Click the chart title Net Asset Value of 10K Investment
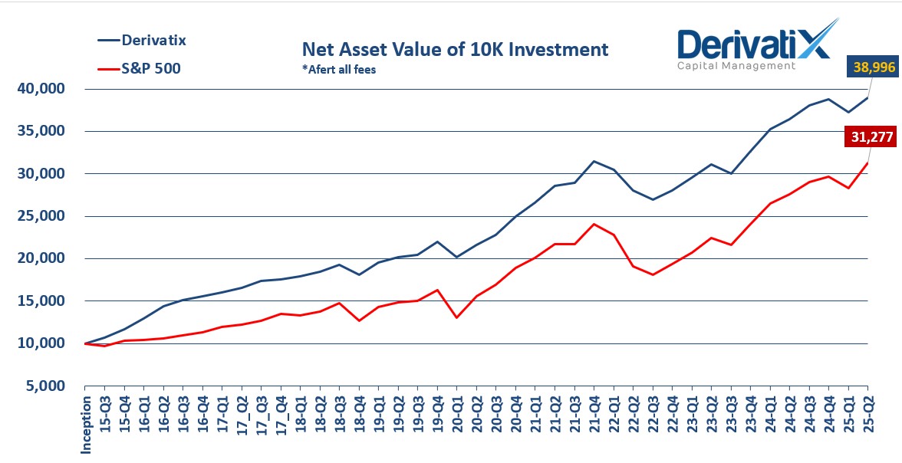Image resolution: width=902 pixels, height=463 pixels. tap(456, 51)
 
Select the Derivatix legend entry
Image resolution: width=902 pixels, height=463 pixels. tap(153, 40)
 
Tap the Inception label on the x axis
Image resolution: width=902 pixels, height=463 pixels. tap(86, 424)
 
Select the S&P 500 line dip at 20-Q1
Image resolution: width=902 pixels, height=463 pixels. tap(457, 317)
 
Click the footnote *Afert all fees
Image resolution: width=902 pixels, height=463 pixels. tap(339, 69)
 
